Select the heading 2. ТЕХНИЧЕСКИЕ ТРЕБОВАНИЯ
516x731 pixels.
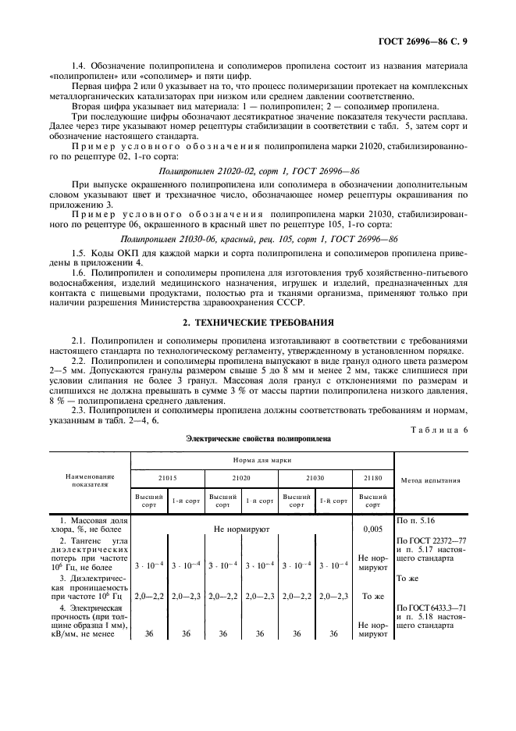click(258, 321)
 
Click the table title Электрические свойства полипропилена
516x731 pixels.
click(258, 439)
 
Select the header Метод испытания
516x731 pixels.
click(429, 480)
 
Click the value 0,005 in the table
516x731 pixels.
click(373, 529)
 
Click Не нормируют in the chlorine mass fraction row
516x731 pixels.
click(241, 529)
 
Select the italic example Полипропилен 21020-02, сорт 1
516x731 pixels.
click(258, 168)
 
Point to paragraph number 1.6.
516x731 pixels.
click(79, 273)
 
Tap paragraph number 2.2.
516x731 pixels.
click(79, 363)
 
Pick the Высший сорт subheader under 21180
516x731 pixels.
click(373, 501)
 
